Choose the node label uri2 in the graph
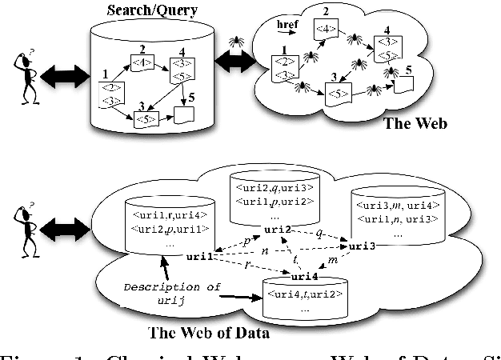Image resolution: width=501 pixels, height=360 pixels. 277,230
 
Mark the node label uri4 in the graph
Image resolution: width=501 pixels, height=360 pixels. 305,276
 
